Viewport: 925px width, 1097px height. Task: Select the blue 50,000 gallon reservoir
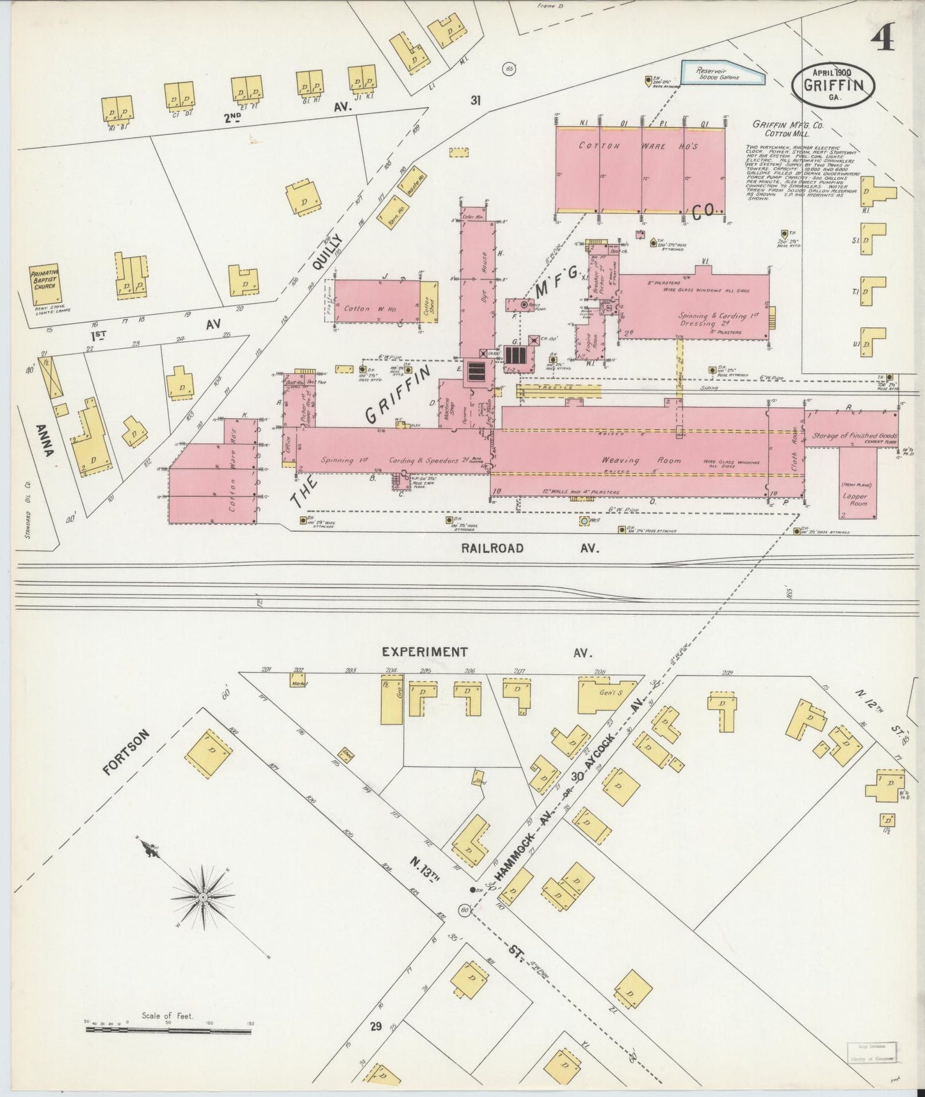pyautogui.click(x=721, y=73)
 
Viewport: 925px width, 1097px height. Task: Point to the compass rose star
pyautogui.click(x=203, y=897)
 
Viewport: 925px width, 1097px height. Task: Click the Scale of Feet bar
pyautogui.click(x=168, y=1030)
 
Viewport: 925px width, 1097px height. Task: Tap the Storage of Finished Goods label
pyautogui.click(x=854, y=436)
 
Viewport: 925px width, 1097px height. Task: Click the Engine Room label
pyautogui.click(x=593, y=344)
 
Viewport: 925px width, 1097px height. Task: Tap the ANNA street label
pyautogui.click(x=45, y=442)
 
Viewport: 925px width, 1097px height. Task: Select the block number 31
pyautogui.click(x=475, y=100)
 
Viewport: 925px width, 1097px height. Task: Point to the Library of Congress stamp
pyautogui.click(x=873, y=1051)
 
